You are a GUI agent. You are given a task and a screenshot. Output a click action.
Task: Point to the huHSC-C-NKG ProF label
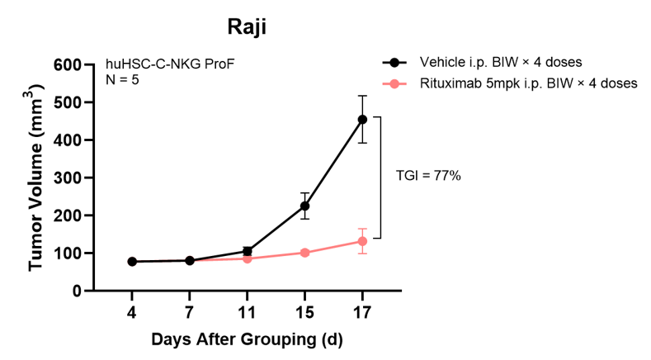point(163,64)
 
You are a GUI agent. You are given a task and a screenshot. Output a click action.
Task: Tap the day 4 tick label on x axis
point(132,313)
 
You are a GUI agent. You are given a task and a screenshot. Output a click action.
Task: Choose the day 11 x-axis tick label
point(247,313)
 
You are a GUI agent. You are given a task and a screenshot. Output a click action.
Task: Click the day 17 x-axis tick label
point(361,313)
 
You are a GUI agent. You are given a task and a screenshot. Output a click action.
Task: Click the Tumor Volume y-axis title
point(37,178)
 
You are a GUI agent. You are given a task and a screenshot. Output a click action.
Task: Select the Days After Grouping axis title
point(247,339)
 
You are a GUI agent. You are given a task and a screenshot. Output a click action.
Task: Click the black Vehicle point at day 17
point(362,120)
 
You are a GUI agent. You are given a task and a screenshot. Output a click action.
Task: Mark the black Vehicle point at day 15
point(304,206)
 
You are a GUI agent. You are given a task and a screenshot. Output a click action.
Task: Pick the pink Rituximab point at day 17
point(362,241)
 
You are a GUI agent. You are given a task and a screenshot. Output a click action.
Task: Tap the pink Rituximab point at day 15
point(304,253)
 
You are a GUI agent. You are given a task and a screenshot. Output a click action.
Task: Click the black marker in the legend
point(394,63)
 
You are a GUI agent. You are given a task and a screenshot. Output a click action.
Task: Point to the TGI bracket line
point(380,178)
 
